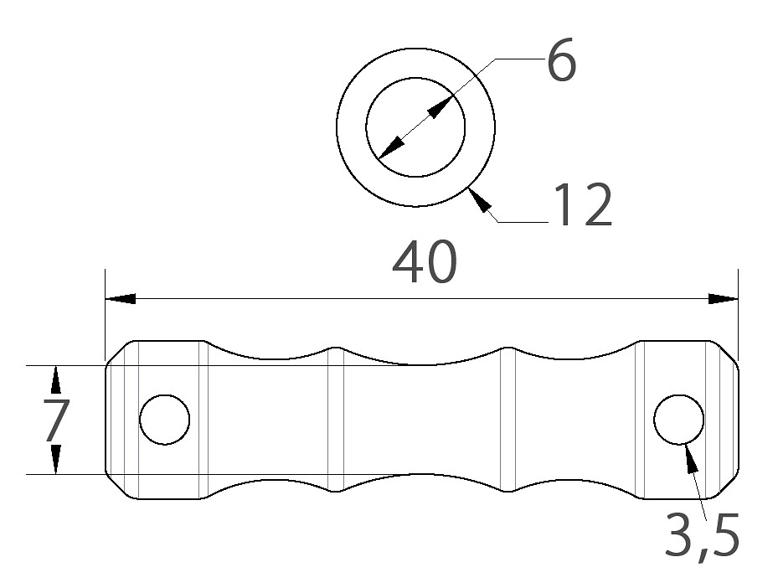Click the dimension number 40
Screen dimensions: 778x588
[425, 262]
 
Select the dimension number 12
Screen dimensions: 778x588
[584, 204]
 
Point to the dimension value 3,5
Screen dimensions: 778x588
[702, 536]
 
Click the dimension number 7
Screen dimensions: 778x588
[56, 420]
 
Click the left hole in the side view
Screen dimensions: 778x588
[165, 420]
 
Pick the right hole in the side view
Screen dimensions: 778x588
[679, 420]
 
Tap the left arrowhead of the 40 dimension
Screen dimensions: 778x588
[121, 299]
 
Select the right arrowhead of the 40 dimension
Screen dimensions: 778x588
[723, 299]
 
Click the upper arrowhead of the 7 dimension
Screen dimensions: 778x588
[55, 380]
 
